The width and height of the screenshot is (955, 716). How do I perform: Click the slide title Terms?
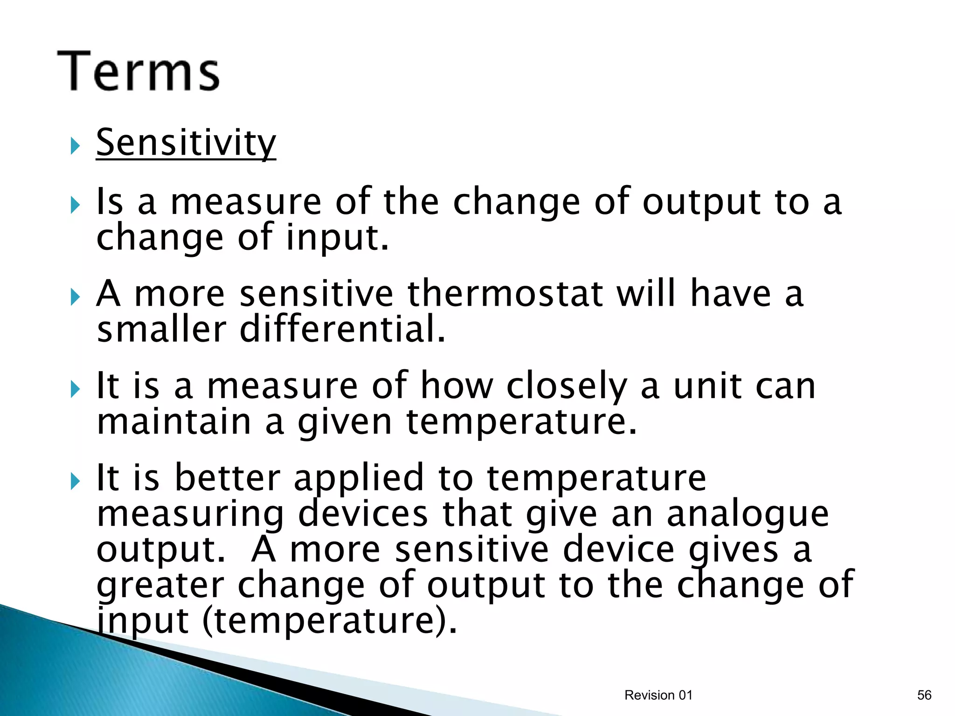coord(138,71)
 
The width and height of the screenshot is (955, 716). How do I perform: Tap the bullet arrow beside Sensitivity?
coord(75,146)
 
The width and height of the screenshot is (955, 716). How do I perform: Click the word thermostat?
coord(505,293)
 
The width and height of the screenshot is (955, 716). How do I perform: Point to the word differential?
coord(342,329)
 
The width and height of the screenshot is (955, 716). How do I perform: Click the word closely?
coord(567,386)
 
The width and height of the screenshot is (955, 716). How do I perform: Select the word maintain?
coord(173,421)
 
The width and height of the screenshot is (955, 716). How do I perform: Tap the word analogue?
coord(747,514)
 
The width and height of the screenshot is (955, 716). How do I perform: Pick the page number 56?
coord(924,695)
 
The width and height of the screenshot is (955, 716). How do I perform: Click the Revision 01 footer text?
coord(658,695)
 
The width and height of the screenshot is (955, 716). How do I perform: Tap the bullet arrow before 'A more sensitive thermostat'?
coord(75,297)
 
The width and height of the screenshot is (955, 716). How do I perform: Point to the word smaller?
coord(161,329)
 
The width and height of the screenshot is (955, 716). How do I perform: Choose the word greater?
coord(160,585)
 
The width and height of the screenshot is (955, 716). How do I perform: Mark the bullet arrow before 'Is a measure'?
coord(75,205)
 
